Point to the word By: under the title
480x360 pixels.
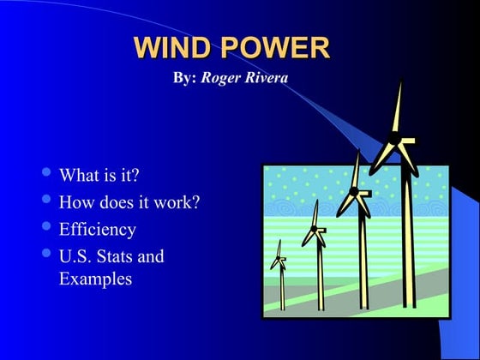click(184, 78)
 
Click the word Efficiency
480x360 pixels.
click(97, 229)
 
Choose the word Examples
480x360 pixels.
click(95, 279)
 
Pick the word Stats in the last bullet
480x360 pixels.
click(117, 255)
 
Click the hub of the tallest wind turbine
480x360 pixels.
click(395, 137)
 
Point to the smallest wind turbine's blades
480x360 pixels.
click(279, 256)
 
